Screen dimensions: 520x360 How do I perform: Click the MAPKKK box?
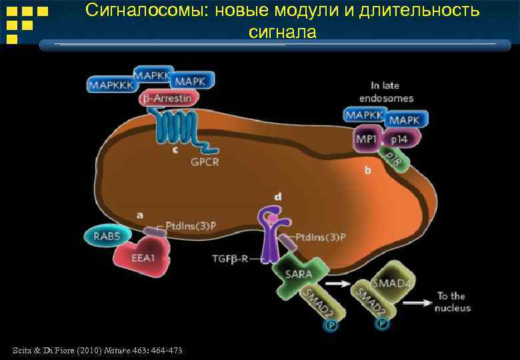point(113,85)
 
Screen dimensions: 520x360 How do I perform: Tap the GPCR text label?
point(205,162)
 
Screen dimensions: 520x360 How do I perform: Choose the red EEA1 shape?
point(141,258)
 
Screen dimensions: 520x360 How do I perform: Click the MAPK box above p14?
point(404,120)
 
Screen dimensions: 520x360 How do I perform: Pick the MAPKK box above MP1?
point(364,115)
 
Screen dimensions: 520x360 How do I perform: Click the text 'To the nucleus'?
point(452,302)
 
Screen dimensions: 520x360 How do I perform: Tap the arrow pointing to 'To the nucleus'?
point(419,303)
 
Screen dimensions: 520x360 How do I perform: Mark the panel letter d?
point(278,195)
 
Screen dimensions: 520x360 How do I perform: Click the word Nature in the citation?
point(117,351)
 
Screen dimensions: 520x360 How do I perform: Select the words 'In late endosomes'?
point(392,92)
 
